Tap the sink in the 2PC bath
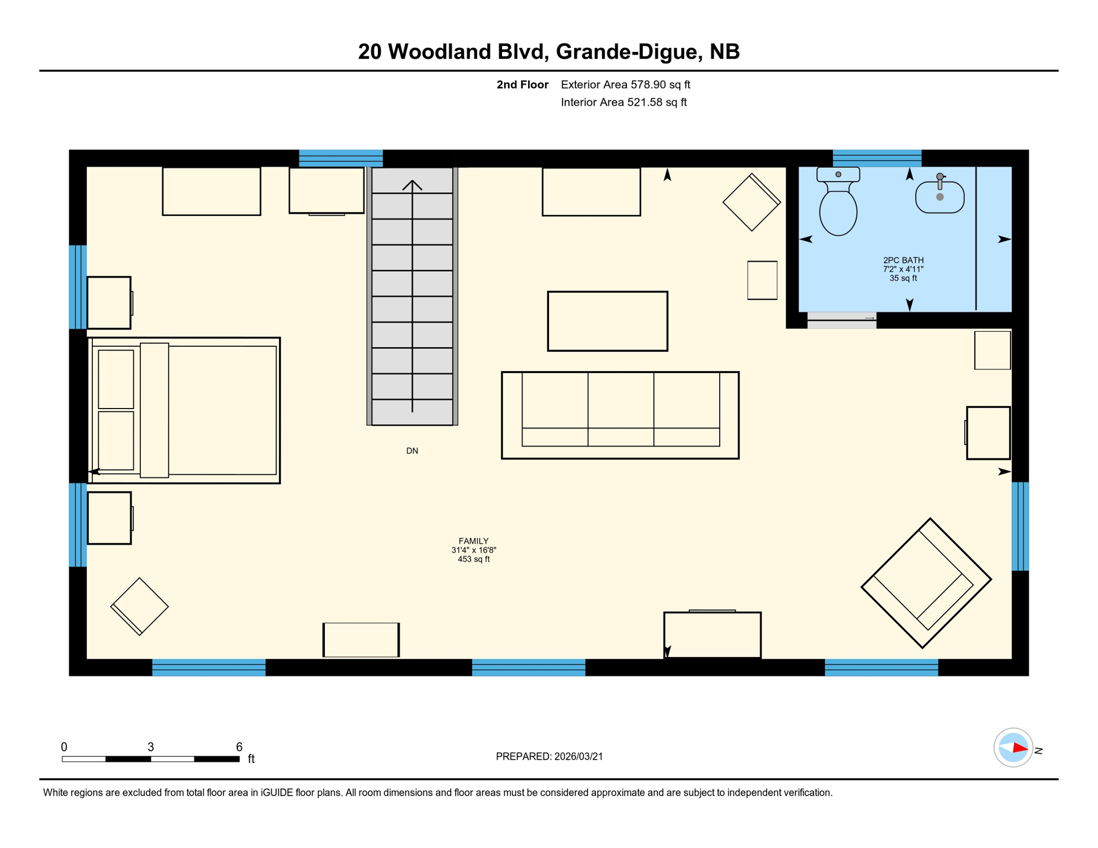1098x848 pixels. click(x=939, y=197)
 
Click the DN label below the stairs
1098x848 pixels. click(x=412, y=451)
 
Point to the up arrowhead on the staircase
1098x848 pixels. click(x=412, y=185)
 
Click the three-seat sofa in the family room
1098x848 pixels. click(x=620, y=415)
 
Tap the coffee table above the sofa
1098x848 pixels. click(x=607, y=321)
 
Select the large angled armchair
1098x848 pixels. click(x=926, y=582)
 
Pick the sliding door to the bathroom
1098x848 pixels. click(x=841, y=320)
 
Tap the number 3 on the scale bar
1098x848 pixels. click(x=150, y=747)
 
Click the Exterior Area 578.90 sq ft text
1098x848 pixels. click(x=625, y=84)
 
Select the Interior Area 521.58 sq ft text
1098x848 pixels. click(x=624, y=102)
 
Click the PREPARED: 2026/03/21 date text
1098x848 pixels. click(x=549, y=756)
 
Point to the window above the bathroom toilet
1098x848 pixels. click(x=877, y=158)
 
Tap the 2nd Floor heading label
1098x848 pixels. click(x=522, y=84)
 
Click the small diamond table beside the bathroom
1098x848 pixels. click(x=751, y=202)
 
